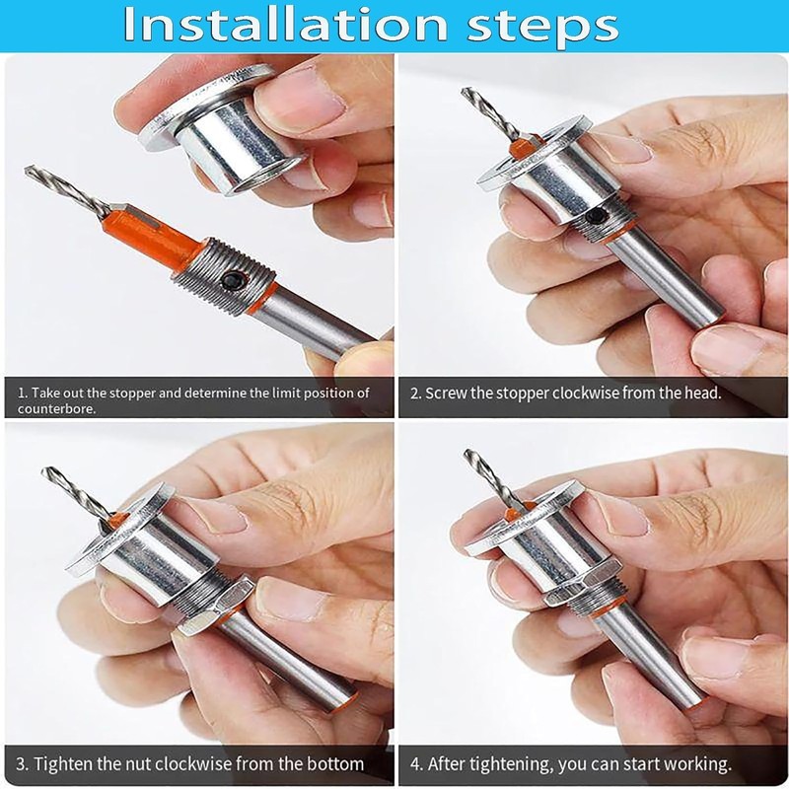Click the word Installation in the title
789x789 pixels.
[285, 24]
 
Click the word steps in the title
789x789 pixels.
[542, 27]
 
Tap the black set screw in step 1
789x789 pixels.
[233, 279]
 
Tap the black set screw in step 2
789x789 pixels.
[598, 216]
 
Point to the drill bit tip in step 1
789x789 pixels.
[27, 170]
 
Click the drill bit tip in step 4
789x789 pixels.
[466, 453]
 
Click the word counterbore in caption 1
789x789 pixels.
[56, 408]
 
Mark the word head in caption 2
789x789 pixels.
[702, 393]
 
